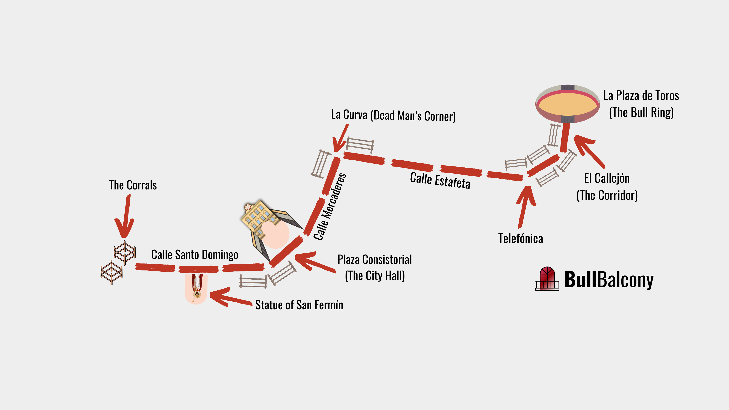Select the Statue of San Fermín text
coord(299,305)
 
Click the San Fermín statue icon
coord(196,289)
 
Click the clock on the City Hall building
coord(248,207)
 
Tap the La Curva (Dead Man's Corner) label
coord(393,115)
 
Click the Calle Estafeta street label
coord(440,180)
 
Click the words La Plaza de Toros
coord(641,96)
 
